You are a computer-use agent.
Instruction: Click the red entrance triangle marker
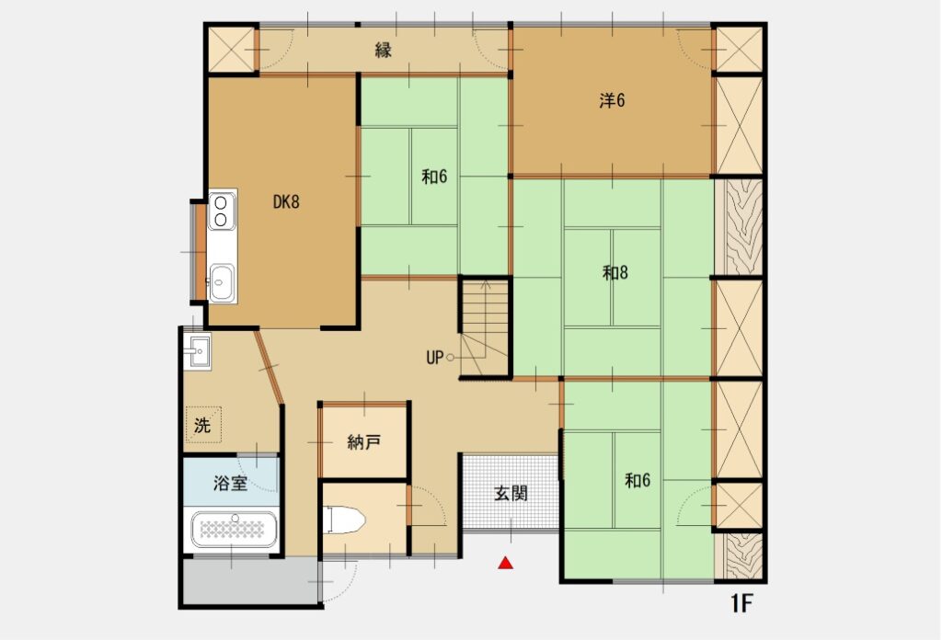[x=506, y=563]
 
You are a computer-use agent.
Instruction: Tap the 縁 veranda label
[x=384, y=50]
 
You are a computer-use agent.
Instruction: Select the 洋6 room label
[x=612, y=100]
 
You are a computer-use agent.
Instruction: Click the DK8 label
[x=286, y=201]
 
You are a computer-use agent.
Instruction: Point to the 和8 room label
[x=615, y=272]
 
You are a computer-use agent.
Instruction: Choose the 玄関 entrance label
[x=511, y=494]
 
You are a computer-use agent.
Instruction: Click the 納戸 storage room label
[x=364, y=442]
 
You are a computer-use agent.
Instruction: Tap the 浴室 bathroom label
[x=231, y=483]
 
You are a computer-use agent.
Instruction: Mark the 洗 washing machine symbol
[x=203, y=425]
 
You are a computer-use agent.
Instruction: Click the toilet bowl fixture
[x=344, y=520]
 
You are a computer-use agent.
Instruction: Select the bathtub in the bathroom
[x=235, y=529]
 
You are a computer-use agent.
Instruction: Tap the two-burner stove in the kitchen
[x=221, y=211]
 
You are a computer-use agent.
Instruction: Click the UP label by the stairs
[x=434, y=358]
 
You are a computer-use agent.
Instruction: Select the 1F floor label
[x=741, y=604]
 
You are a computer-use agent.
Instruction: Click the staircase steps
[x=485, y=326]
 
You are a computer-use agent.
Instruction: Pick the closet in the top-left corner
[x=231, y=50]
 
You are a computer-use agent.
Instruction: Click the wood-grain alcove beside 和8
[x=741, y=227]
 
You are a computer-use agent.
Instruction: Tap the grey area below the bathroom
[x=250, y=581]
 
